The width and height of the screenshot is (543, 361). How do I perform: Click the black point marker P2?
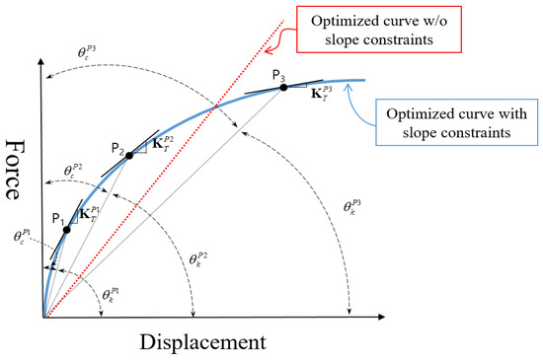point(129,156)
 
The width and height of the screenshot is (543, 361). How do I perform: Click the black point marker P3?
point(284,88)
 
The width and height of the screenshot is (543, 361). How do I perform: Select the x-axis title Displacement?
point(201,342)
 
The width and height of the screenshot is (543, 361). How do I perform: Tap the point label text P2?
point(117,148)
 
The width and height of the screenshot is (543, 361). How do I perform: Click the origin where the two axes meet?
point(42,318)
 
